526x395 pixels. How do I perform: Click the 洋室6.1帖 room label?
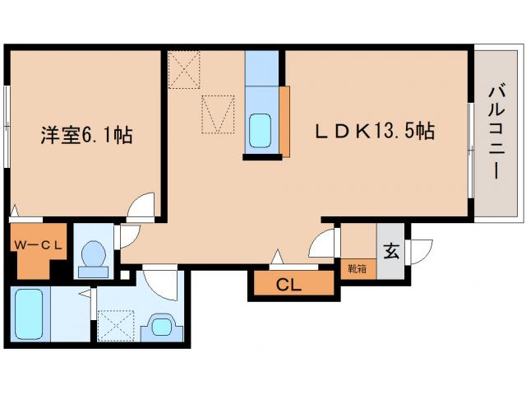click(x=86, y=134)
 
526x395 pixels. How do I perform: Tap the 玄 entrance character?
click(x=391, y=252)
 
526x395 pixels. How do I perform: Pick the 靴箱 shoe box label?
click(x=356, y=268)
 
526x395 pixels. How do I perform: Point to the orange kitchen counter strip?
click(x=284, y=120)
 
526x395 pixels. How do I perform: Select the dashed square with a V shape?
click(x=218, y=114)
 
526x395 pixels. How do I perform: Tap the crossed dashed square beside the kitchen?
click(x=185, y=68)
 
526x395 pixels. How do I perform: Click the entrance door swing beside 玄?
click(x=421, y=249)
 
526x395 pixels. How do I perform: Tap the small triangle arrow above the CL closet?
click(x=280, y=256)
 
